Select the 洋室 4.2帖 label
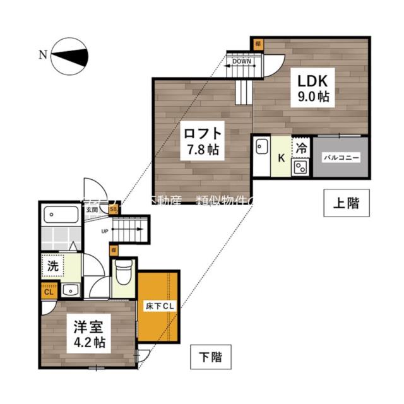coord(88,336)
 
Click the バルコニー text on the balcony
coord(342,158)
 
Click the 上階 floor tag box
coord(345,203)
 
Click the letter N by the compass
coord(42,54)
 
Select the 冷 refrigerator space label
coord(302,150)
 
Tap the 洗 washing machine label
coord(53,266)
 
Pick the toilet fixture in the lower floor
coord(123,273)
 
